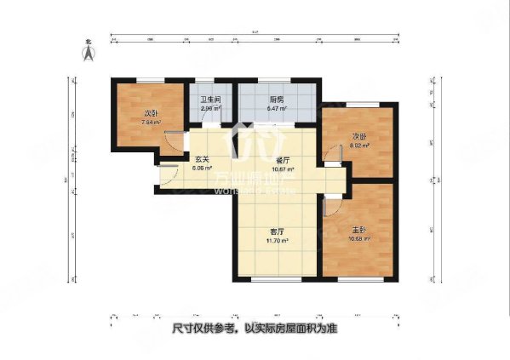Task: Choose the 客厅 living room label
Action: pyautogui.click(x=278, y=231)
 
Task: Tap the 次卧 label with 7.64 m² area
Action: pyautogui.click(x=151, y=113)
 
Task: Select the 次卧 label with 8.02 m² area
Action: pyautogui.click(x=359, y=136)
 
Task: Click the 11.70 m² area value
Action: pyautogui.click(x=278, y=241)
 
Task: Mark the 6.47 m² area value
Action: pyautogui.click(x=277, y=109)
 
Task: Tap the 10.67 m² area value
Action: pyautogui.click(x=281, y=169)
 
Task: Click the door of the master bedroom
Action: pyautogui.click(x=331, y=207)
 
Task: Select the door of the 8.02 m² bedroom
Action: pyautogui.click(x=329, y=153)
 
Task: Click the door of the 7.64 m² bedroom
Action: pyautogui.click(x=173, y=145)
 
